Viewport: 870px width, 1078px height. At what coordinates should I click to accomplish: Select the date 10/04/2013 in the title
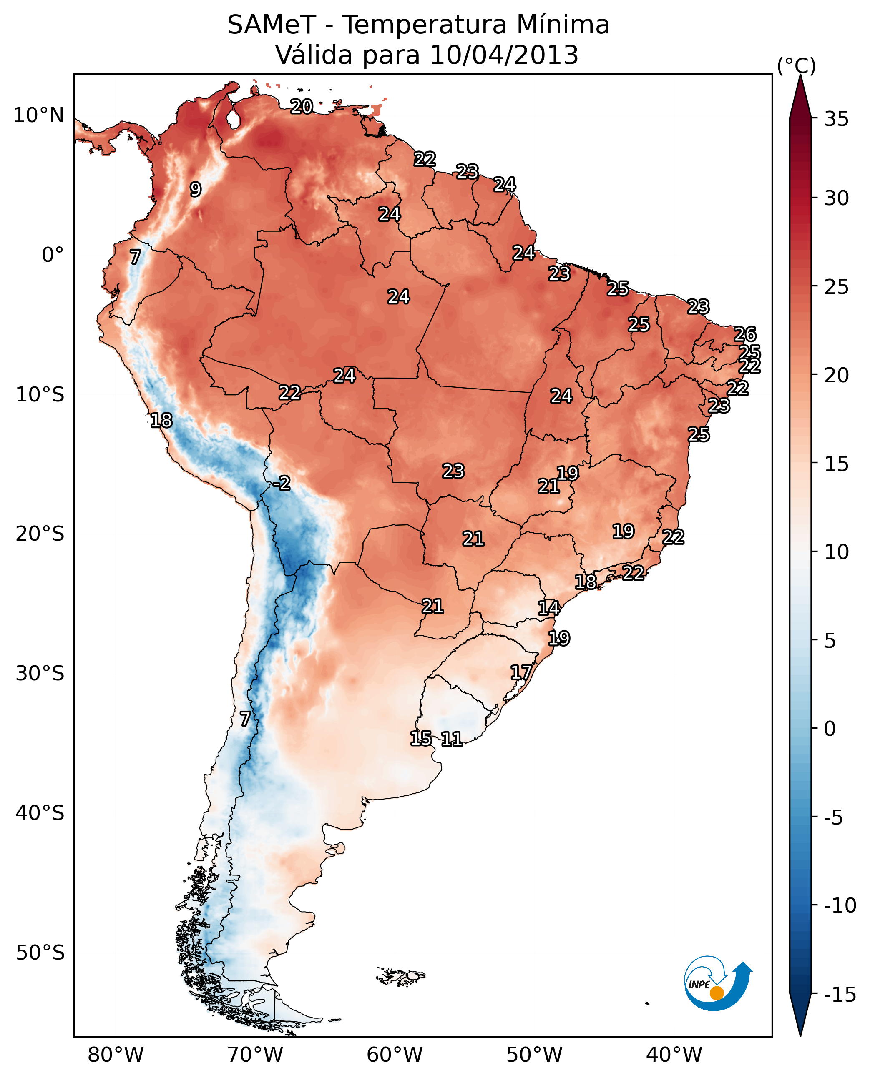point(504,55)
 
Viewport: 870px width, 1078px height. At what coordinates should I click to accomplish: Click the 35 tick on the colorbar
point(836,119)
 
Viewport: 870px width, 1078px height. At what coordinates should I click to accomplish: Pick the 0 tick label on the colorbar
point(830,728)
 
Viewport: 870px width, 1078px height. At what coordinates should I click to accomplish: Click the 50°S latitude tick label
point(40,953)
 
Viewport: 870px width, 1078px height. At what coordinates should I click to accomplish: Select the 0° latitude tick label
point(53,255)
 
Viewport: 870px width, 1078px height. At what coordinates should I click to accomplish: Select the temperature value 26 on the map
point(745,334)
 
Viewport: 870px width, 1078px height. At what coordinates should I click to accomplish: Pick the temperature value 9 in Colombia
point(196,189)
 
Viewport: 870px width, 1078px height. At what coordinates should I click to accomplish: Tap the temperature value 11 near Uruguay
point(452,739)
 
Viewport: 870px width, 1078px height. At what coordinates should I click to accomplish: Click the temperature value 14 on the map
point(549,608)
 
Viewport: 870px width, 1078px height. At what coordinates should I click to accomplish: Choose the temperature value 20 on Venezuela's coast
point(302,106)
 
